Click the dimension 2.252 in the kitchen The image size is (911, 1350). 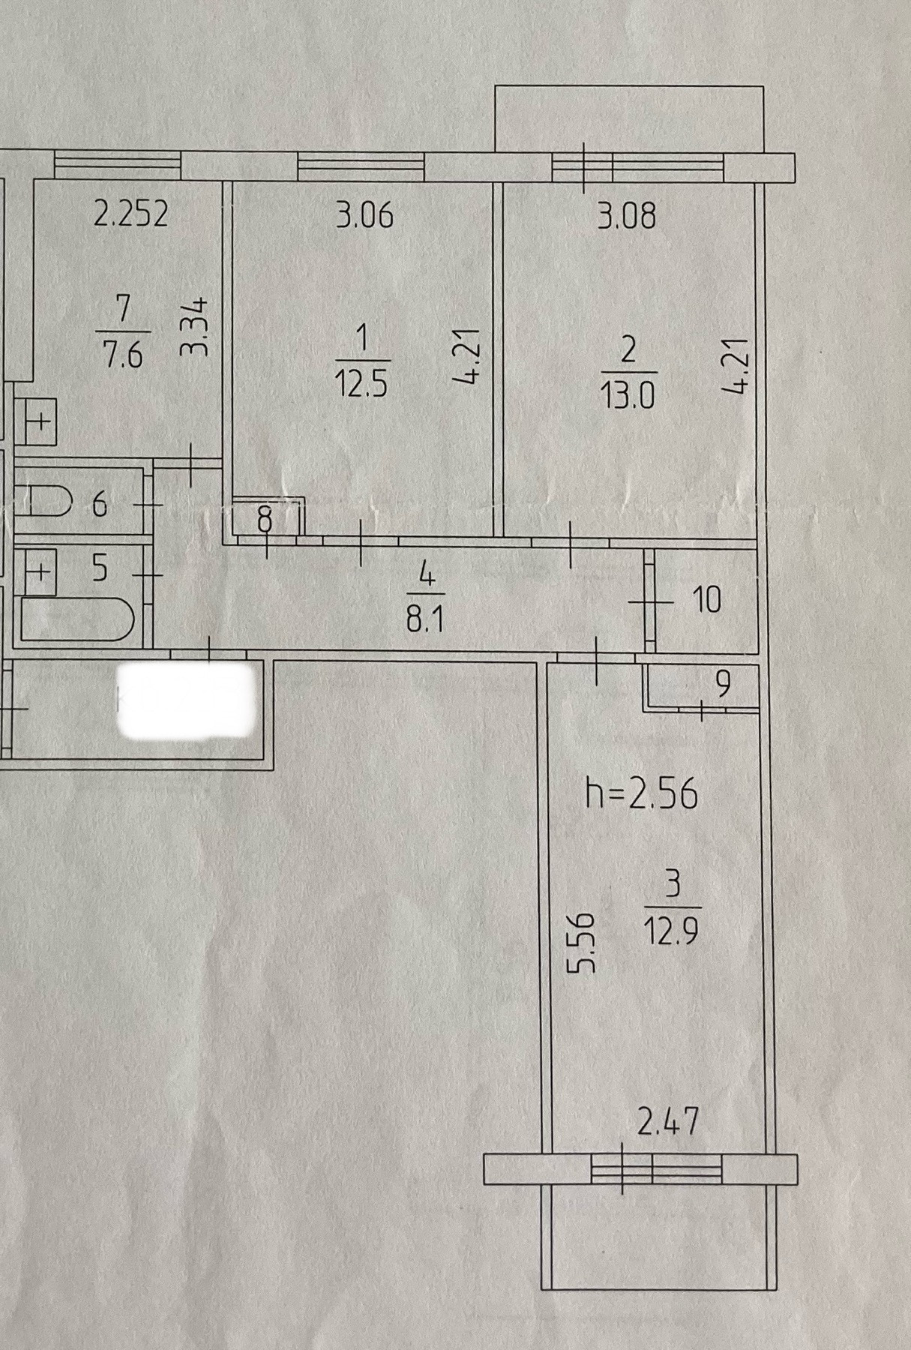pos(131,214)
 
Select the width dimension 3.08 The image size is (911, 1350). pos(626,215)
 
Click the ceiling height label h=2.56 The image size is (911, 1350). pos(642,793)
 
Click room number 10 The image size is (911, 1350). pos(707,600)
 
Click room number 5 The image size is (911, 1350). pos(100,568)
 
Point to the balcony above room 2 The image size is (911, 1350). pos(630,120)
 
